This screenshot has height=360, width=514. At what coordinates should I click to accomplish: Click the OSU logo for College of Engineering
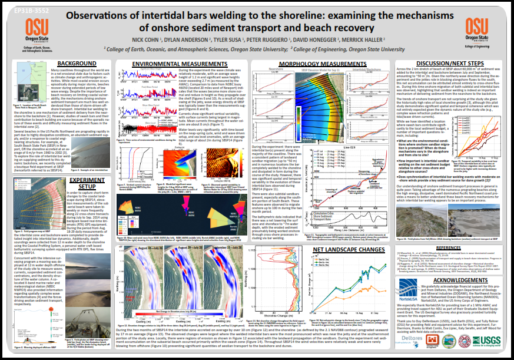click(x=475, y=29)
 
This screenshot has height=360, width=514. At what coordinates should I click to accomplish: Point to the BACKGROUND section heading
click(x=77, y=63)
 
